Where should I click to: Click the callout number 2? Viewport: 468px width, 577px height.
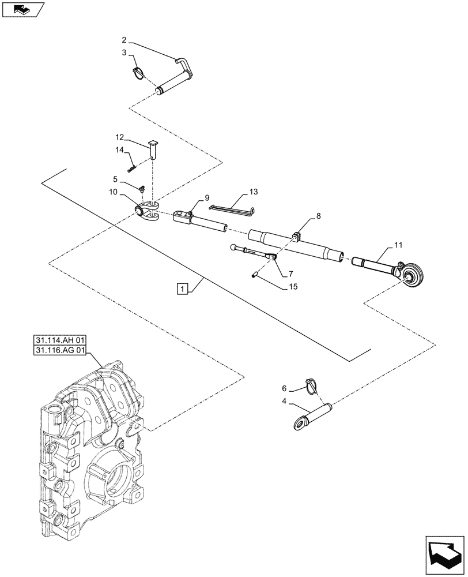124,40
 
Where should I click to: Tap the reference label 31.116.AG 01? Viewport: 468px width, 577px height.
60,350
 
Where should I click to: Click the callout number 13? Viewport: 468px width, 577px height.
254,191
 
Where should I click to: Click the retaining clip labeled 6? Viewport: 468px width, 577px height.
311,383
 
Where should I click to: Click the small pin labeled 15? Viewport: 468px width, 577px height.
254,275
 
